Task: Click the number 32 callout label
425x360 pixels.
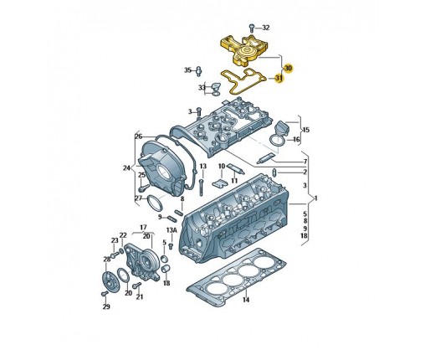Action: (x=266, y=28)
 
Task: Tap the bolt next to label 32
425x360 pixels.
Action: (x=252, y=28)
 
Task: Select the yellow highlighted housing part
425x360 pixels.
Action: (x=244, y=50)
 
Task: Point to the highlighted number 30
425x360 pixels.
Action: (x=289, y=68)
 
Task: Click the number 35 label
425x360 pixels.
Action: (x=187, y=70)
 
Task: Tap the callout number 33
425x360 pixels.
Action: (x=202, y=88)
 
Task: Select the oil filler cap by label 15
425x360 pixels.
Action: (x=282, y=129)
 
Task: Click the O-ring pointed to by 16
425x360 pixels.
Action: (x=277, y=140)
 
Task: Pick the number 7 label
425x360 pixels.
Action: (x=305, y=162)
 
